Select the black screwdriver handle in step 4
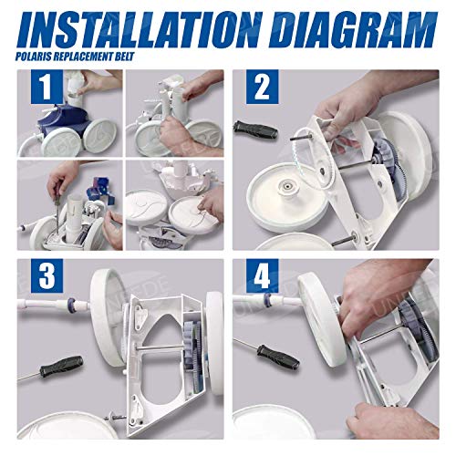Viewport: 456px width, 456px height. [x=272, y=351]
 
